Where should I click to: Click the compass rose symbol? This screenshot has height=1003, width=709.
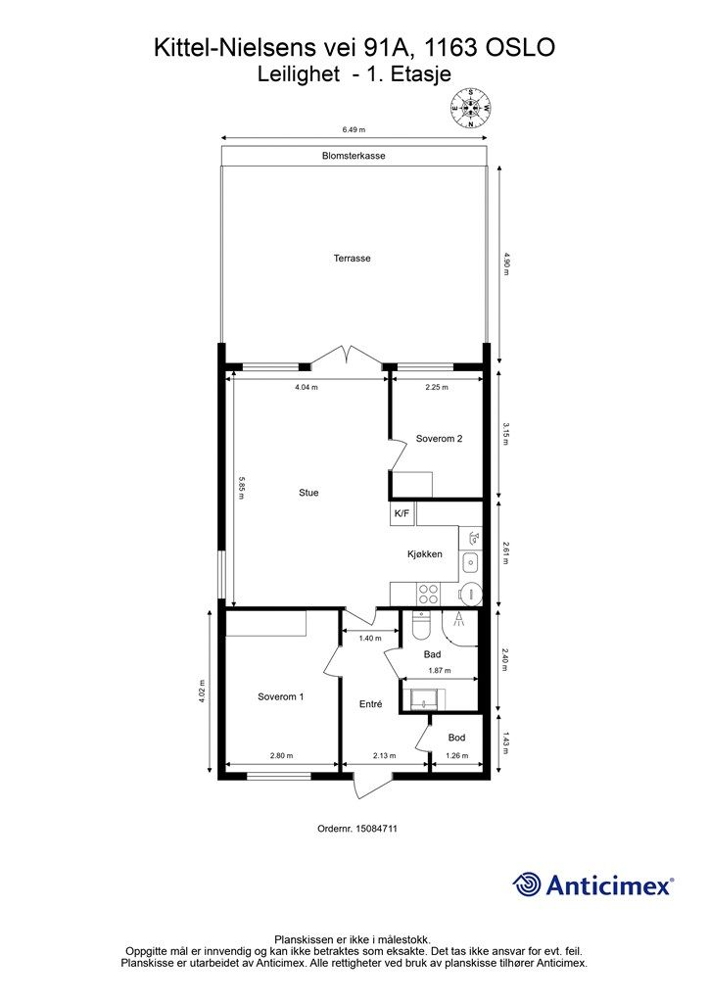tap(470, 108)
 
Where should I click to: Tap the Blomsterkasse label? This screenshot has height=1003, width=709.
tap(354, 156)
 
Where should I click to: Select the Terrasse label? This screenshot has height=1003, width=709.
tap(353, 259)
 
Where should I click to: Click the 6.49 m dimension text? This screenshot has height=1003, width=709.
tap(354, 129)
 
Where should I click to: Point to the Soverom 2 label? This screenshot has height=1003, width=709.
tap(439, 439)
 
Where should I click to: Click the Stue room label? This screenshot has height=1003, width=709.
tap(308, 493)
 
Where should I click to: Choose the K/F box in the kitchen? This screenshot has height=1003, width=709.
tap(402, 513)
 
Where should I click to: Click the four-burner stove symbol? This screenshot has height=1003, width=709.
tap(427, 595)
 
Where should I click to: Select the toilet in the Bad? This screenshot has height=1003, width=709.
tap(421, 626)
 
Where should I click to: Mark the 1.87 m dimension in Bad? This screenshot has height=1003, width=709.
tap(440, 671)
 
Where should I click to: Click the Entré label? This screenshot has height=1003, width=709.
tap(371, 703)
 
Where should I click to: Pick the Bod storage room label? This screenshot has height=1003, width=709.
tap(456, 738)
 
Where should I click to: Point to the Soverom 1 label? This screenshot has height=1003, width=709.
tap(281, 696)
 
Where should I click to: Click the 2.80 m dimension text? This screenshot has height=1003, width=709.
tap(281, 755)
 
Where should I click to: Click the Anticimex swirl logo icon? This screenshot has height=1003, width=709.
tap(527, 885)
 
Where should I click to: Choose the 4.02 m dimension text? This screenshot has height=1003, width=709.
tap(203, 691)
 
